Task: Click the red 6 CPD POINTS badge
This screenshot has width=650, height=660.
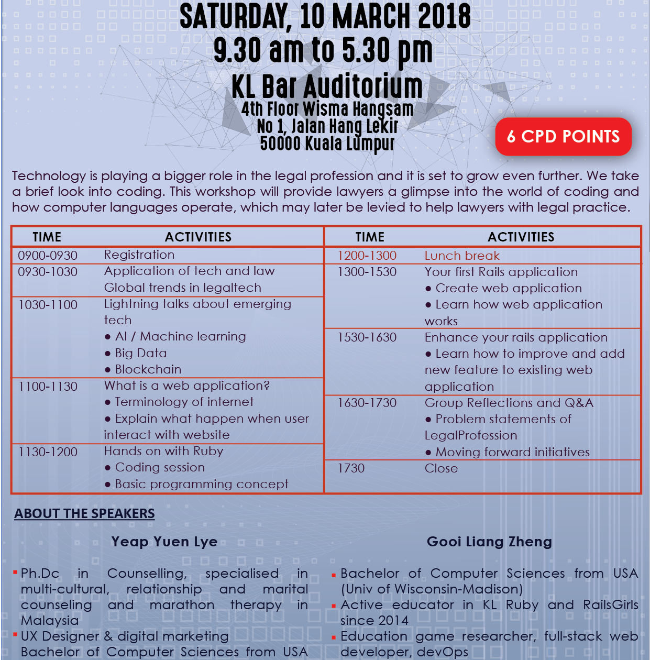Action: [x=563, y=137]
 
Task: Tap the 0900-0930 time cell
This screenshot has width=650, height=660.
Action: [x=48, y=256]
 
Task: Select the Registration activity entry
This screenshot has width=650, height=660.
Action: [x=139, y=255]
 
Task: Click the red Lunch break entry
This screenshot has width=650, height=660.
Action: [x=462, y=256]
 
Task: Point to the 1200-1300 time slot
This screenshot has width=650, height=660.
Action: [x=367, y=256]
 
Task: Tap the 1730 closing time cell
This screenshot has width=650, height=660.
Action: [x=351, y=468]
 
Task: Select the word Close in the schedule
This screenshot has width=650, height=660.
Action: [x=441, y=468]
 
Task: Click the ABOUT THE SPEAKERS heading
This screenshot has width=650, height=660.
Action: [x=84, y=513]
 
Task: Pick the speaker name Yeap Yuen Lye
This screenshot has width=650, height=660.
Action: [x=164, y=542]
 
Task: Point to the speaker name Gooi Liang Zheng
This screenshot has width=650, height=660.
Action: [x=489, y=542]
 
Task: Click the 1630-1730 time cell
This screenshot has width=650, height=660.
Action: [x=367, y=403]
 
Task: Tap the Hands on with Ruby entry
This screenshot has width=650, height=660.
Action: [x=163, y=451]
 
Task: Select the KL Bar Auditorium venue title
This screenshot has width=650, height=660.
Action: [x=327, y=86]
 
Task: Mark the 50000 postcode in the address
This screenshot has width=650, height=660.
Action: [x=280, y=143]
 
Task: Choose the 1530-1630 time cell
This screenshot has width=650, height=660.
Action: [x=367, y=337]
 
